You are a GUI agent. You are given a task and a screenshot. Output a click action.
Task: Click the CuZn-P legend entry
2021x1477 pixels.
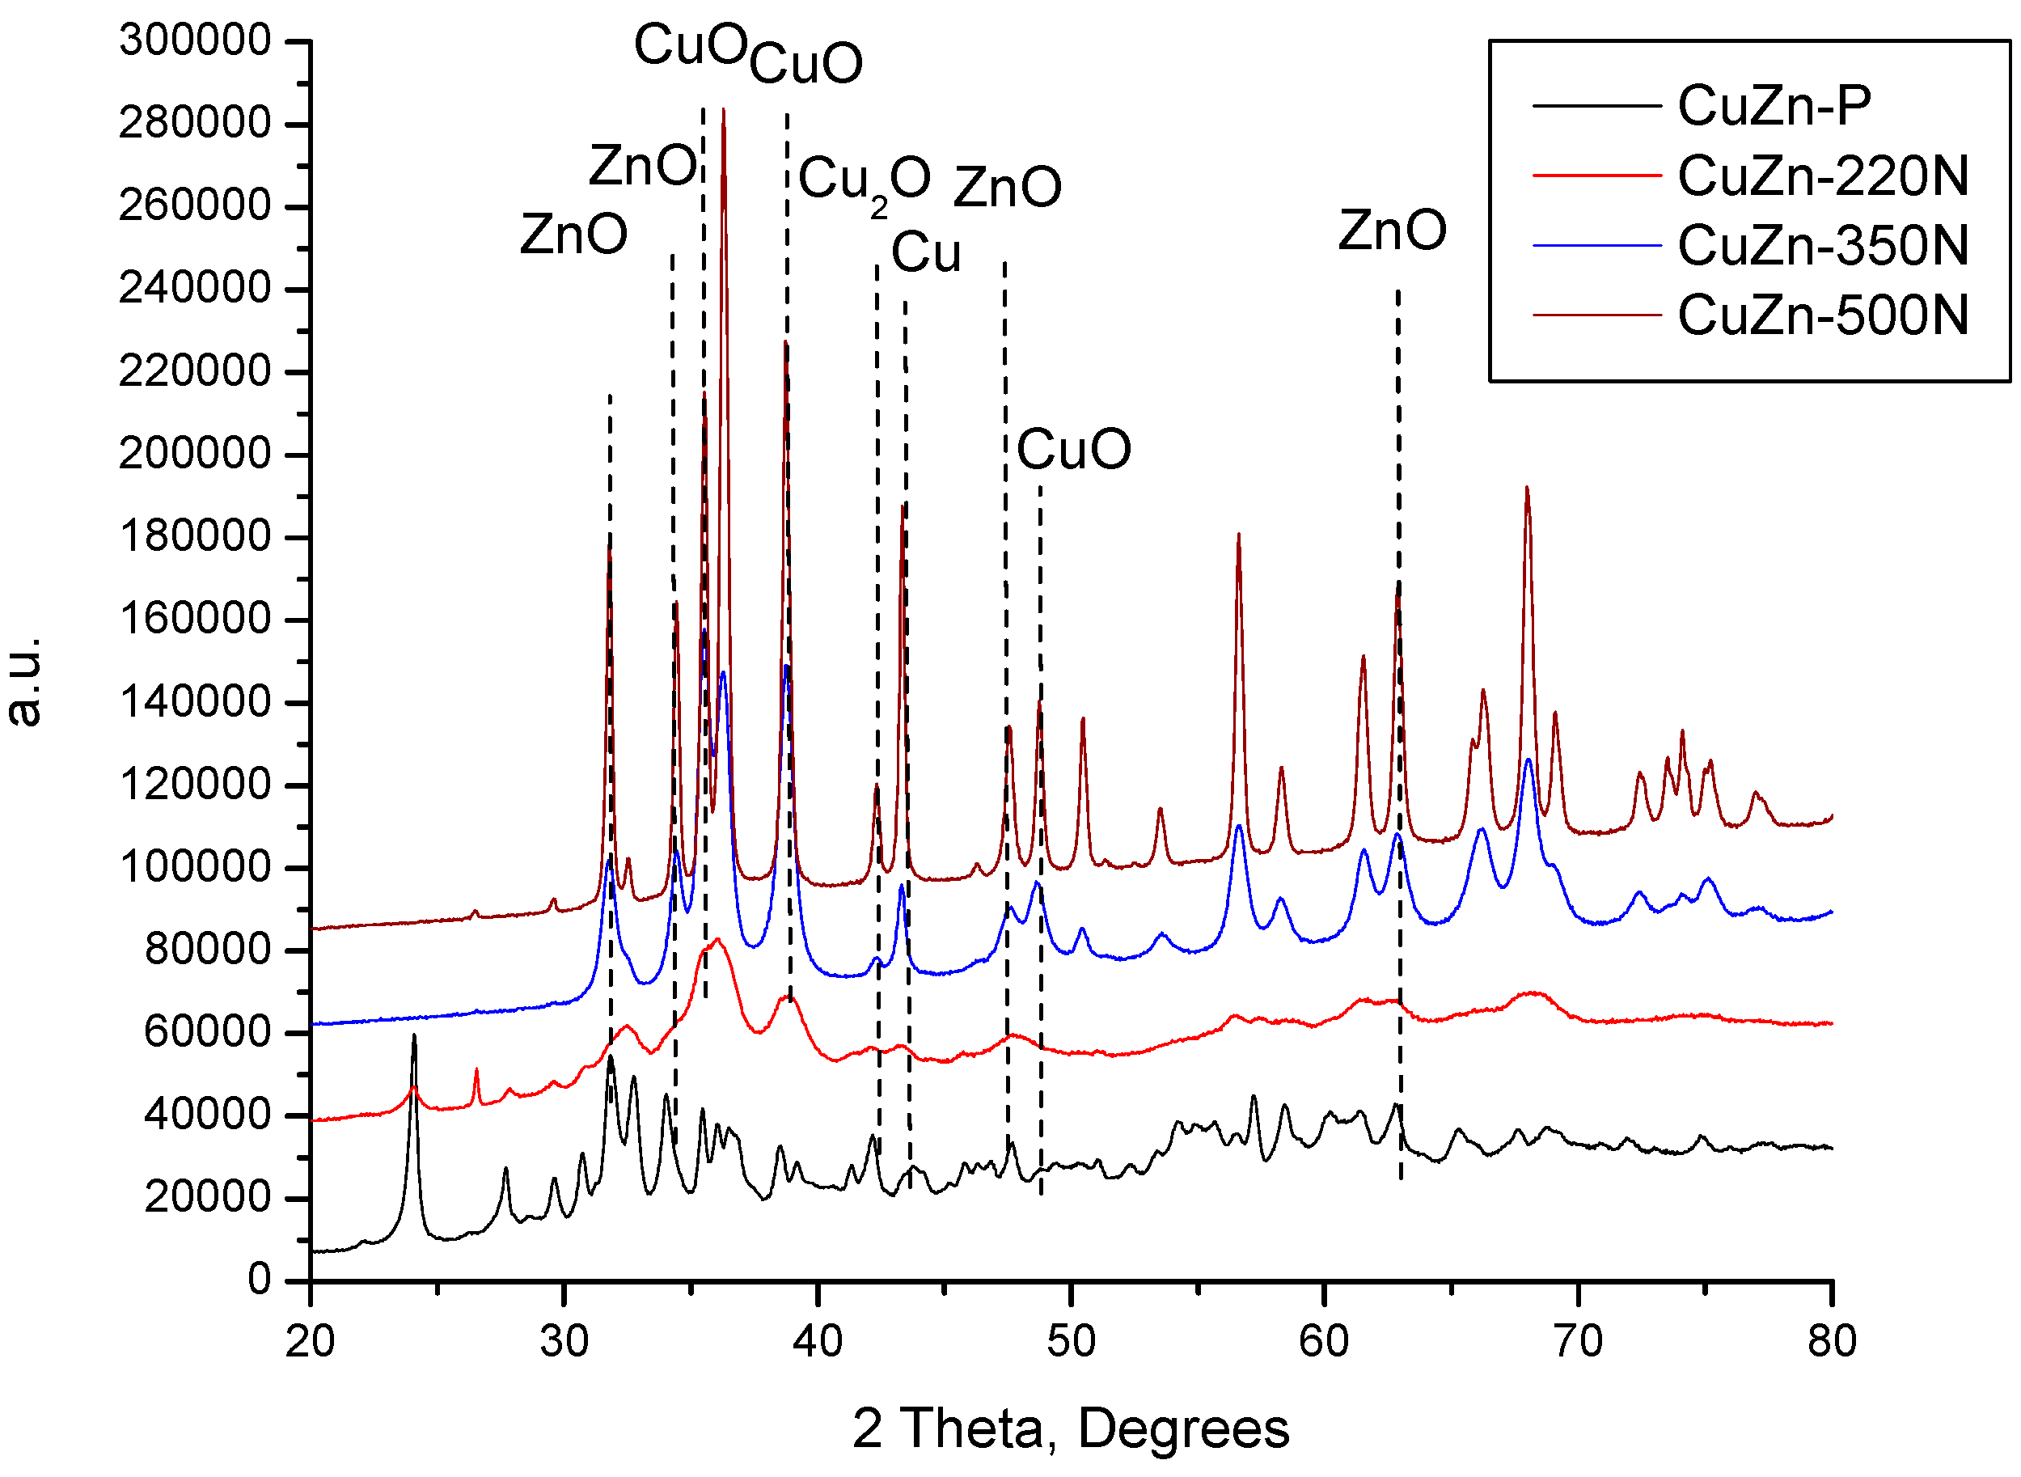click(x=1774, y=105)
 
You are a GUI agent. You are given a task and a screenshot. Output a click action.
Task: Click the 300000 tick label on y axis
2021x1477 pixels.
click(x=195, y=40)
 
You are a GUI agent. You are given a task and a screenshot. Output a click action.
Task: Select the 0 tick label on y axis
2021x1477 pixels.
click(x=260, y=1280)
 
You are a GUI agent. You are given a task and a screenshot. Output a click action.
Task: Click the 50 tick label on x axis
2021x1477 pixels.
click(x=1070, y=1341)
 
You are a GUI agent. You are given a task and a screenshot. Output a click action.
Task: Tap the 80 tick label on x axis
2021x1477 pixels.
click(x=1831, y=1341)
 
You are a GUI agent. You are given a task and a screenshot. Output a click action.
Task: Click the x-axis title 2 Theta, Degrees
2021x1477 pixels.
click(x=1070, y=1428)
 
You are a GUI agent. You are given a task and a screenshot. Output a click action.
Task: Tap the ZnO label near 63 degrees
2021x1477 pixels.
click(x=1391, y=231)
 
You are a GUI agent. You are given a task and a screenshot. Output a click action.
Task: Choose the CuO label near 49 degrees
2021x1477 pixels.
click(x=1072, y=449)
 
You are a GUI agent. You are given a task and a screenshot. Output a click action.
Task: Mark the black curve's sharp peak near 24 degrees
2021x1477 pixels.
click(x=414, y=1036)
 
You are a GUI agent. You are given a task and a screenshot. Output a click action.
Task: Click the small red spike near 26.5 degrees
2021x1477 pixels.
click(x=476, y=1070)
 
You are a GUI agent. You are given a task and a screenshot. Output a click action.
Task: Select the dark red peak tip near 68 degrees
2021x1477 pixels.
click(x=1527, y=489)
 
